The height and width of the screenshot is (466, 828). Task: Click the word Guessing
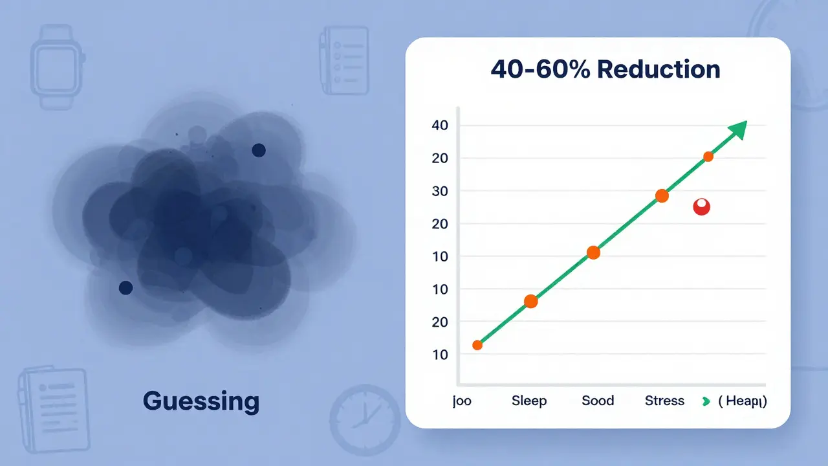point(201,402)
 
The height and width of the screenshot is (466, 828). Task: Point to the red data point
point(701,207)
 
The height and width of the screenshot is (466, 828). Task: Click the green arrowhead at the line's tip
point(737,130)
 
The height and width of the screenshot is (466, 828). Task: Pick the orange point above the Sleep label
point(530,301)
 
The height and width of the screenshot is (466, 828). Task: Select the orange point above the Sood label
point(593,252)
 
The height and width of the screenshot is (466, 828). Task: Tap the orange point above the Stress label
point(662,195)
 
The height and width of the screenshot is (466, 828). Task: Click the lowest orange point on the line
point(477,345)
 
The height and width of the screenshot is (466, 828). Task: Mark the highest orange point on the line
point(708,157)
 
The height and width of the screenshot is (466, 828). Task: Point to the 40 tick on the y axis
point(439,125)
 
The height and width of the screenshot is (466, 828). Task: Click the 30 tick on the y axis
point(439,191)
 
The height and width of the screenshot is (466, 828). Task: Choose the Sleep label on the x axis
point(528,401)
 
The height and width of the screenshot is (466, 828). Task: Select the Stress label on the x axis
point(664,401)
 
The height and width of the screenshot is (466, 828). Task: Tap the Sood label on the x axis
point(597,401)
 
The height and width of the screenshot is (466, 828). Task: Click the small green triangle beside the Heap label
point(706,402)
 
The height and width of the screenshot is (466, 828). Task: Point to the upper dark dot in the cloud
point(258,150)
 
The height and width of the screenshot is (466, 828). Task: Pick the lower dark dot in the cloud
point(126,287)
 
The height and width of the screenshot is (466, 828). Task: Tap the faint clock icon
point(365,415)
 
